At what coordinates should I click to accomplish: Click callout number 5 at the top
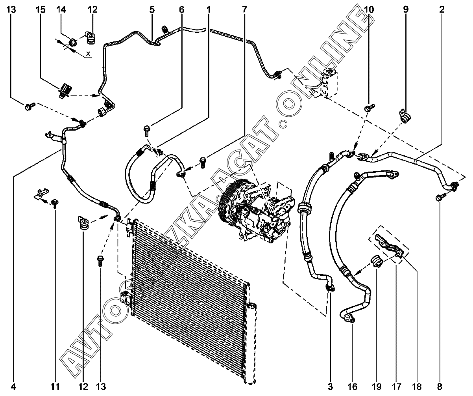[152, 9]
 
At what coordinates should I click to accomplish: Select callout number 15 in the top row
[41, 9]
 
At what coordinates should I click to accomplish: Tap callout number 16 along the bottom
[352, 387]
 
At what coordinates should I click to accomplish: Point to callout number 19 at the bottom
[376, 387]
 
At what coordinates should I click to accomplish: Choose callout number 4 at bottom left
[13, 387]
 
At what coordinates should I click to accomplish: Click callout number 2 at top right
[442, 9]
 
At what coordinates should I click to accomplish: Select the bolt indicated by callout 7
[203, 163]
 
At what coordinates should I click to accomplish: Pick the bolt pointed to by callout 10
[369, 107]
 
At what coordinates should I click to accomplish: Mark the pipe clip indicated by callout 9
[405, 116]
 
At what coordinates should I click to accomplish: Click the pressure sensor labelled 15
[65, 91]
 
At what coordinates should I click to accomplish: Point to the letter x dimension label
[89, 54]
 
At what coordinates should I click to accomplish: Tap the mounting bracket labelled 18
[389, 247]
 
